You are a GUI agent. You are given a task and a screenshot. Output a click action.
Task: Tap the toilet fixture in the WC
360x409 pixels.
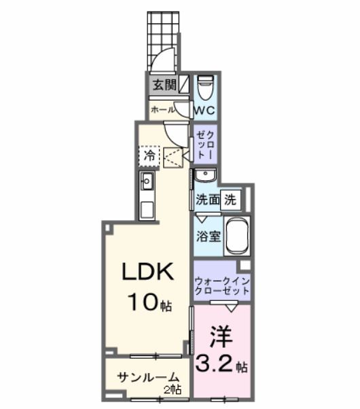coord(205,88)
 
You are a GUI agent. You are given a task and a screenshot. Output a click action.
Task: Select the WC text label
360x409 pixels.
coord(205,109)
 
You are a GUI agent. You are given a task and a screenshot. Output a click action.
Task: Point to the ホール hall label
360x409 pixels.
coord(162,109)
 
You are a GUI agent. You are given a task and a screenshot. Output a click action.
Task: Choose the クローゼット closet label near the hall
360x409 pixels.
coord(205,144)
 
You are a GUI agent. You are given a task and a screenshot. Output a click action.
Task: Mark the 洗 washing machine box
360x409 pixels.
coord(231,200)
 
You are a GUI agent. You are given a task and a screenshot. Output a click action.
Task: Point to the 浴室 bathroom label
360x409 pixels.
coord(209,238)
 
